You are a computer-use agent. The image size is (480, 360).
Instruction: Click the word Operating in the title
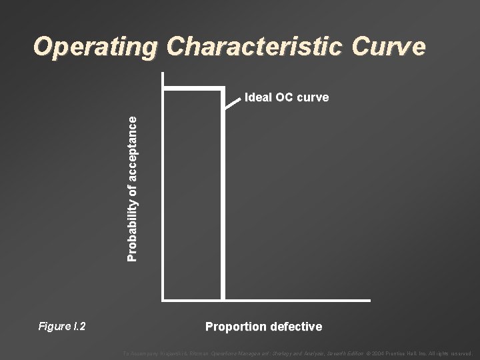coord(96,47)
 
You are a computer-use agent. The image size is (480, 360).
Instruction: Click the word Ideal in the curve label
coord(257,97)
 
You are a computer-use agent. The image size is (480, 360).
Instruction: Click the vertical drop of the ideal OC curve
coord(223,200)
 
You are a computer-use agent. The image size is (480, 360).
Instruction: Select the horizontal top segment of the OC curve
coord(193,87)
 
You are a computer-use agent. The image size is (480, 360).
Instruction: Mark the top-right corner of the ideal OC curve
coord(223,87)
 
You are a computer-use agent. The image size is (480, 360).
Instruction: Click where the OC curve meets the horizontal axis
coord(223,300)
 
